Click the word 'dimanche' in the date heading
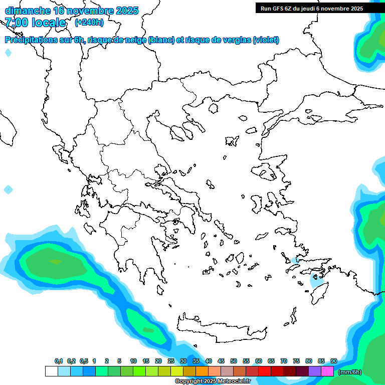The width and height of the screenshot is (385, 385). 27,11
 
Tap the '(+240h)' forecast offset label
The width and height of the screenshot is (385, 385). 89,22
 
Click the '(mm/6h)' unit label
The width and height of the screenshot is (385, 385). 350,372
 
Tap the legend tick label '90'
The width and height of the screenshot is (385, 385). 334,361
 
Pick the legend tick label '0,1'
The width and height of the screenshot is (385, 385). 59,361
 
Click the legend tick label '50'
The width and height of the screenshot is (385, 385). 234,361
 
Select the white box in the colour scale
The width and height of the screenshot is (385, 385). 51,371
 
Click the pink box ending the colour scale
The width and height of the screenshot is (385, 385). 327,371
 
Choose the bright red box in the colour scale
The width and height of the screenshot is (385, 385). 265,371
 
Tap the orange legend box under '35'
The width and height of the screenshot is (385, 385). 202,371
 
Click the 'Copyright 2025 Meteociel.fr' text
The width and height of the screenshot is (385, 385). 213,381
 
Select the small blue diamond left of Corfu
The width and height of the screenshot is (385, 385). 8,189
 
